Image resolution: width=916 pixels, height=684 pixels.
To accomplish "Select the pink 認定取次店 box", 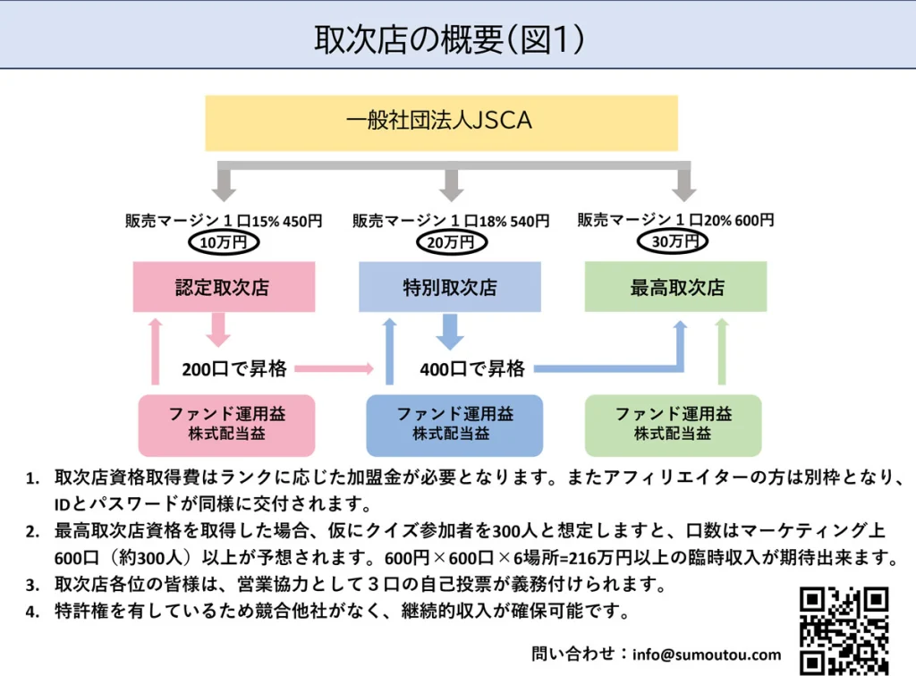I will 224,287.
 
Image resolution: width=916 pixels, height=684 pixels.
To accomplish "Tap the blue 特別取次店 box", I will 449,287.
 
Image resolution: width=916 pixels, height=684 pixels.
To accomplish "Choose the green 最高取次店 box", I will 676,287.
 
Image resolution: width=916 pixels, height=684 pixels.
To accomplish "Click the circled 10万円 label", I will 224,241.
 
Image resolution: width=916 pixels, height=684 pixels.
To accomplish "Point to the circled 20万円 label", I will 452,241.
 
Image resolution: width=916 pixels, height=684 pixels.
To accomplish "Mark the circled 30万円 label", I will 675,241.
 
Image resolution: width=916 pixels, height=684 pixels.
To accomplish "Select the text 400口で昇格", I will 472,367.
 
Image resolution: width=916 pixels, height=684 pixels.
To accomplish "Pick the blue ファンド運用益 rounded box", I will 454,425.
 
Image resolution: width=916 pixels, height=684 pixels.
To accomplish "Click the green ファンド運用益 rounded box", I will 673,424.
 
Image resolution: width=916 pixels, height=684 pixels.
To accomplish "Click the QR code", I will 844,630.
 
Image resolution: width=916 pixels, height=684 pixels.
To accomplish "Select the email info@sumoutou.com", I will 706,654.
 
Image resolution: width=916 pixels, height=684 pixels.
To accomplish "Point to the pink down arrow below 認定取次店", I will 218,329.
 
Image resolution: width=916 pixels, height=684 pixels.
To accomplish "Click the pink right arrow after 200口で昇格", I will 333,367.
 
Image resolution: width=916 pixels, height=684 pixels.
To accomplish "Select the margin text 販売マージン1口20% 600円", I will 675,220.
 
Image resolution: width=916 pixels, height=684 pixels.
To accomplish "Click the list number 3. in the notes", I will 32,587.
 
